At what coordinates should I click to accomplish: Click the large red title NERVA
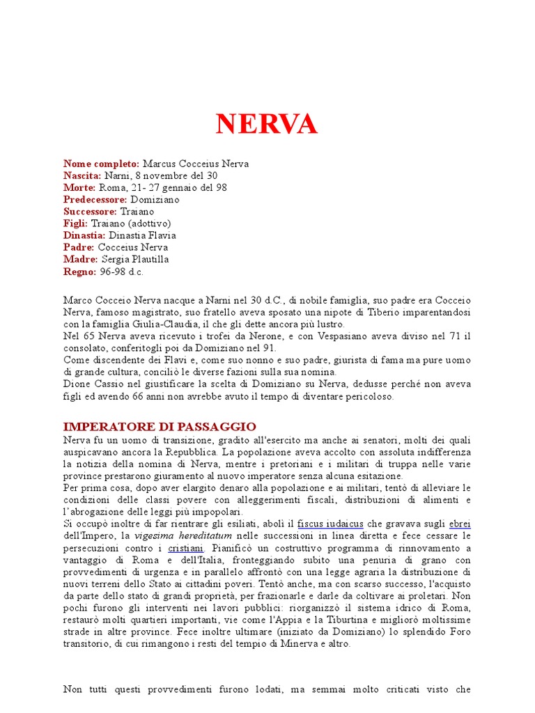pyautogui.click(x=267, y=125)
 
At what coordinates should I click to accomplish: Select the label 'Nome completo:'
pyautogui.click(x=101, y=164)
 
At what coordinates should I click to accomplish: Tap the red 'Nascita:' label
pyautogui.click(x=82, y=175)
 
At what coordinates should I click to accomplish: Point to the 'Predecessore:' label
pyautogui.click(x=95, y=200)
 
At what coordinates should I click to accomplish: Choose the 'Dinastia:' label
pyautogui.click(x=85, y=235)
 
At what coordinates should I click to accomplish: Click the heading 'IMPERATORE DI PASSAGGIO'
pyautogui.click(x=160, y=426)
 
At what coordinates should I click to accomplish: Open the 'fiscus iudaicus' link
pyautogui.click(x=329, y=524)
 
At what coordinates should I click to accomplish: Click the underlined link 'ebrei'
pyautogui.click(x=460, y=524)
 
